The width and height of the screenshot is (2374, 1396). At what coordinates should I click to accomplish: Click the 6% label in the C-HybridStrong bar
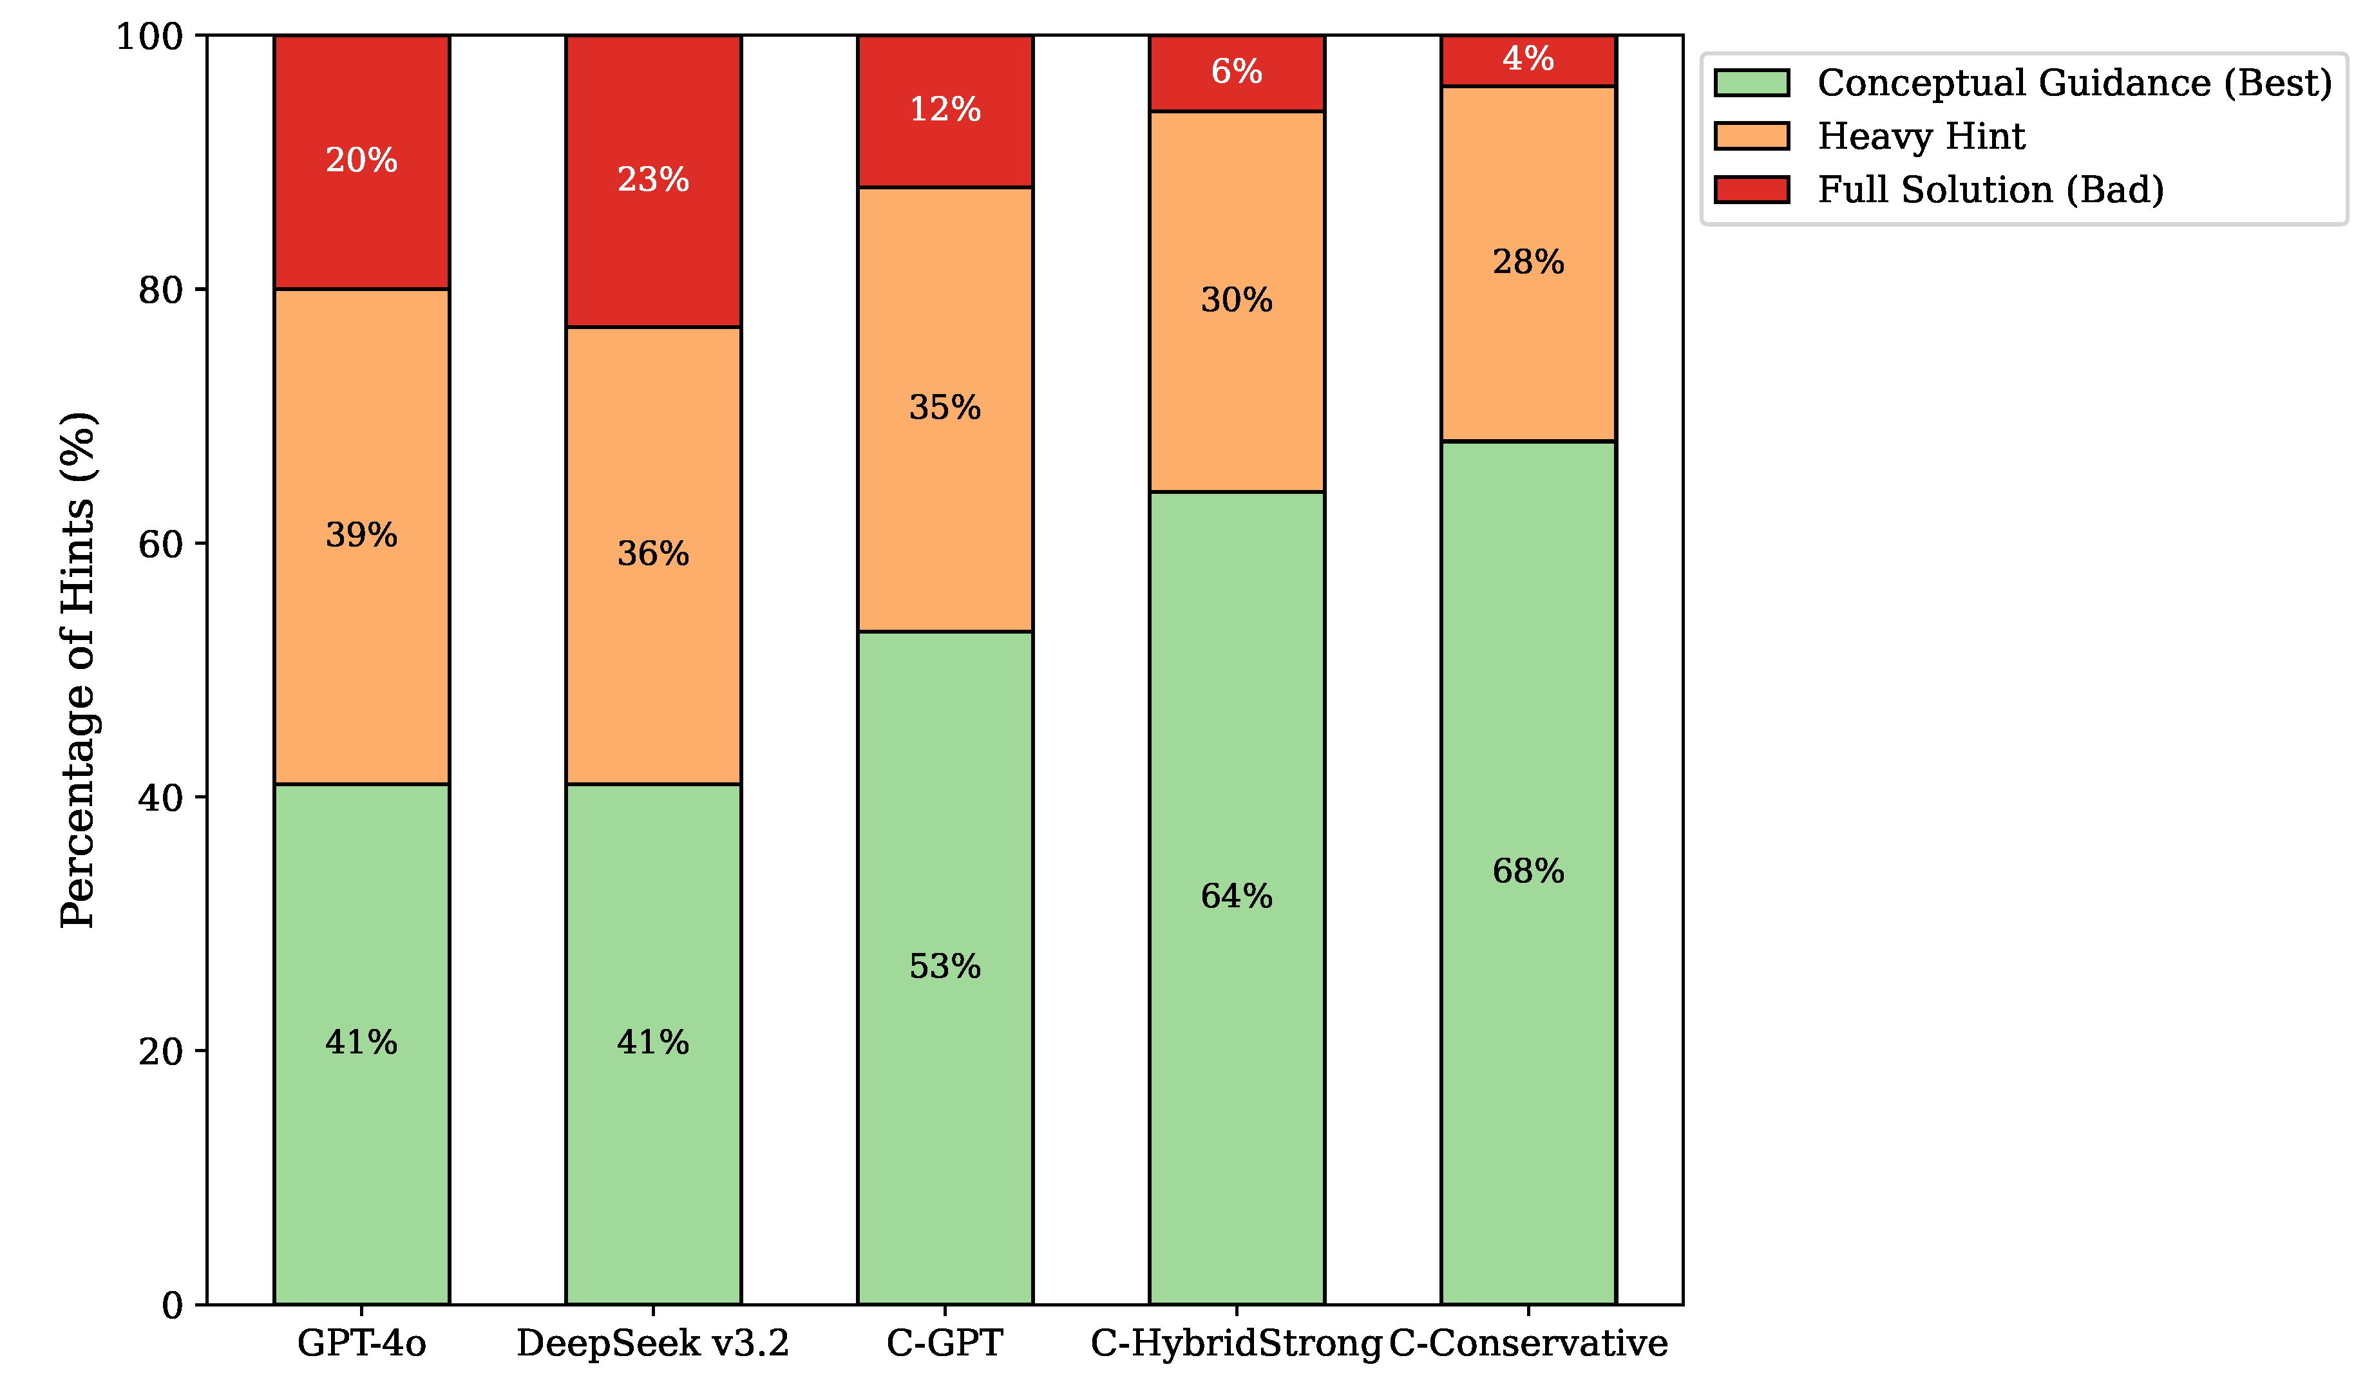[1236, 71]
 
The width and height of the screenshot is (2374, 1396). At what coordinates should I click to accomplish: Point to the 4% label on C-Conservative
[1527, 59]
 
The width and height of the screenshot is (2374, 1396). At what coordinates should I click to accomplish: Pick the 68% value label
[1527, 871]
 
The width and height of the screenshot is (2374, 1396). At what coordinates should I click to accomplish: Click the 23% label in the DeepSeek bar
[653, 180]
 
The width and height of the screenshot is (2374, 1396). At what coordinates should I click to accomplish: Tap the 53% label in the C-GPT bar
[944, 967]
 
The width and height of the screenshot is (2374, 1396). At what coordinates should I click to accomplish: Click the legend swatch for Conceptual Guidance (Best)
[1751, 83]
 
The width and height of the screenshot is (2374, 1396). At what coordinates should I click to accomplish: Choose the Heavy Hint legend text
[1920, 137]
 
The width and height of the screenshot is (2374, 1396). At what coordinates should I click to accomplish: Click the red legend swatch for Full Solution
[1751, 189]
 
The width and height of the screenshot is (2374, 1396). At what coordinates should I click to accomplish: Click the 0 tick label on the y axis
[173, 1306]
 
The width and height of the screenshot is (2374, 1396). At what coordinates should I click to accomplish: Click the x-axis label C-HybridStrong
[1236, 1343]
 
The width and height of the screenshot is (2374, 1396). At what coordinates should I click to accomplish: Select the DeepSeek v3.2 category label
[653, 1343]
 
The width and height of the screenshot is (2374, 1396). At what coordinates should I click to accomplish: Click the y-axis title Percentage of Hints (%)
[77, 670]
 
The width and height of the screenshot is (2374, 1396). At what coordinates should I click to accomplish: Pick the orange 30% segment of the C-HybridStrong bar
[1236, 377]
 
